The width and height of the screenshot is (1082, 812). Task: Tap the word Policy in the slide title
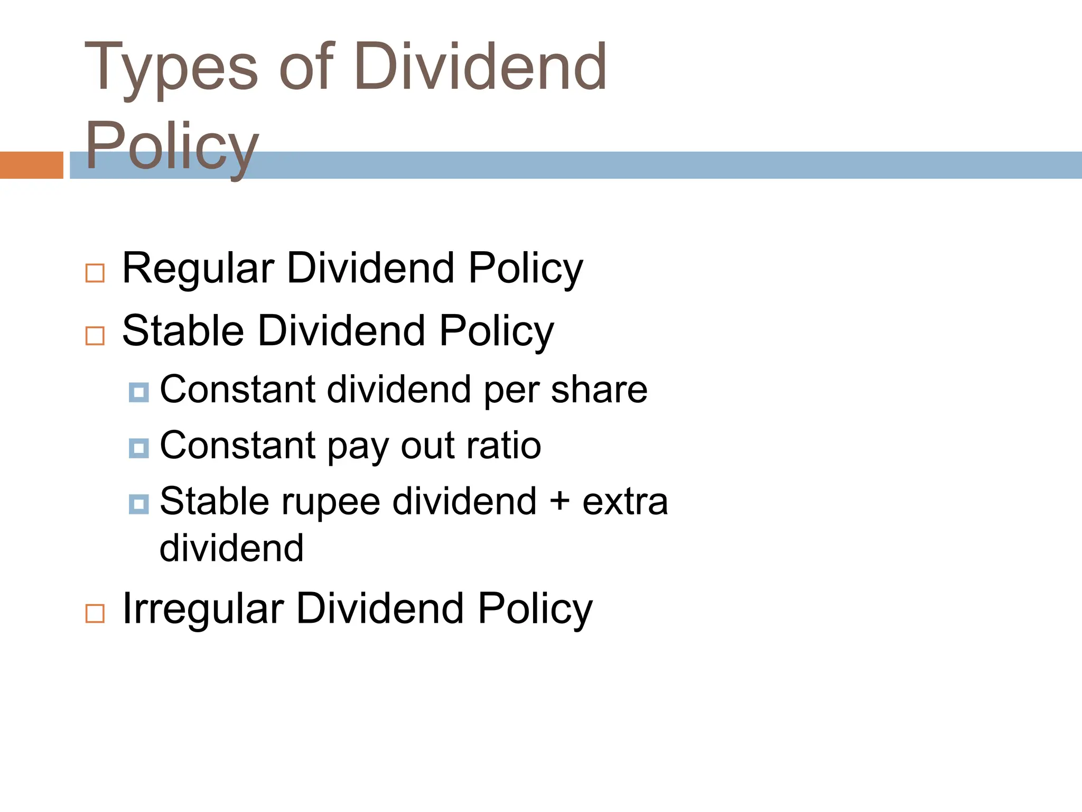[x=172, y=145]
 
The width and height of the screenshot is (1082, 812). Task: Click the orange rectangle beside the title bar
[x=31, y=165]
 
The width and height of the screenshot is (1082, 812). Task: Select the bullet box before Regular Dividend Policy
[x=95, y=273]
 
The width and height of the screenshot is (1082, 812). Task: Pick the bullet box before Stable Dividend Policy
[x=95, y=335]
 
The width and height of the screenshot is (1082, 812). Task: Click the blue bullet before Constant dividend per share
[x=138, y=392]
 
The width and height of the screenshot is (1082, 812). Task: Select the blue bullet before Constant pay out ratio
[x=138, y=448]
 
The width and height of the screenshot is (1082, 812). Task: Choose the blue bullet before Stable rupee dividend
[x=138, y=504]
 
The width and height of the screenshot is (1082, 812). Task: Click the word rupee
[x=331, y=502]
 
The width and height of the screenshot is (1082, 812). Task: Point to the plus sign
[x=559, y=501]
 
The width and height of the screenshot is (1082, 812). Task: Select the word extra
[x=625, y=502]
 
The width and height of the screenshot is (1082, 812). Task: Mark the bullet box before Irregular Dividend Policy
[x=95, y=613]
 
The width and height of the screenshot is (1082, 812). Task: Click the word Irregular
[x=203, y=609]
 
